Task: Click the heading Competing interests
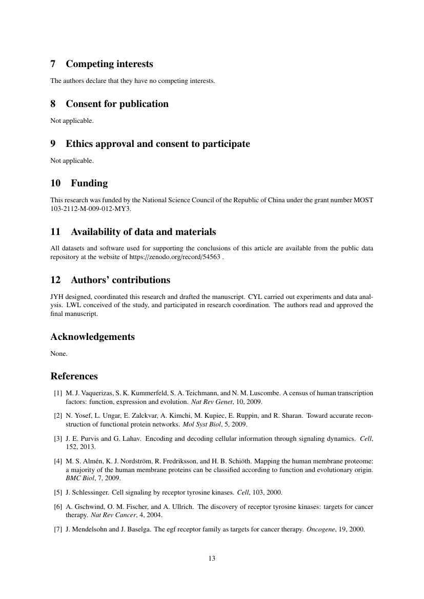click(x=109, y=64)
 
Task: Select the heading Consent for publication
click(x=117, y=104)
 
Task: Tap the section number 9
click(x=53, y=144)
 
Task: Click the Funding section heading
click(x=89, y=183)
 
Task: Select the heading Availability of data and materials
click(x=143, y=232)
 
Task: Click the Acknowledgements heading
click(x=92, y=337)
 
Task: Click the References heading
click(x=74, y=376)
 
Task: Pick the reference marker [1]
click(x=58, y=393)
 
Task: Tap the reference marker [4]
click(x=58, y=461)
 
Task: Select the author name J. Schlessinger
click(x=86, y=493)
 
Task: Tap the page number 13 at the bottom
click(x=212, y=558)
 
